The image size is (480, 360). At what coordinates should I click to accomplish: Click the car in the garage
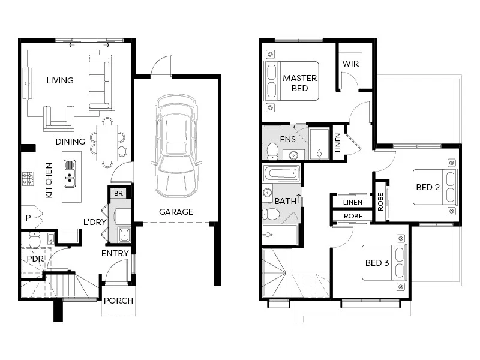176,146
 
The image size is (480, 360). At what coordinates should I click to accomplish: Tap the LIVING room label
60,80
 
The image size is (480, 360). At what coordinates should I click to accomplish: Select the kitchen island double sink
70,173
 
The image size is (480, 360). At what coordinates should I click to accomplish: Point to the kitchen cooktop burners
28,178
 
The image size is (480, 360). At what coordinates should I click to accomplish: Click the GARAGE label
176,212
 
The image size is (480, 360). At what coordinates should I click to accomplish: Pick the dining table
107,143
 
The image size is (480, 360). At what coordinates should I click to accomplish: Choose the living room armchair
59,118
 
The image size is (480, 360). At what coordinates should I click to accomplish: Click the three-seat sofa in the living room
102,83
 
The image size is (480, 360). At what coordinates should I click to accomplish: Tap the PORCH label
118,301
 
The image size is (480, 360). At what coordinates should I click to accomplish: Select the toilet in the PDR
34,239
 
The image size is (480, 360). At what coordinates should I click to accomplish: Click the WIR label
351,64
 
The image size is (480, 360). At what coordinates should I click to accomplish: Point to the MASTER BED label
299,83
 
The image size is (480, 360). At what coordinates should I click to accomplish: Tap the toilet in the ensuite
272,152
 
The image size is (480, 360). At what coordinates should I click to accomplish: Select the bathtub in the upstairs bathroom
281,173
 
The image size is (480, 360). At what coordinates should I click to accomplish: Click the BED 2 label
428,187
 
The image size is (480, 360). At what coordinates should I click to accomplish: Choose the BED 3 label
377,263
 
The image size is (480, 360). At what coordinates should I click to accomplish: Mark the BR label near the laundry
118,193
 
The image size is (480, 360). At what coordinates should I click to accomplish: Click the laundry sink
124,235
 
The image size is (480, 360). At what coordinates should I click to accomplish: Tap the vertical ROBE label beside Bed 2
380,202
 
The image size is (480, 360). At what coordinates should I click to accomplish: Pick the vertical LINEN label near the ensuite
338,143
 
